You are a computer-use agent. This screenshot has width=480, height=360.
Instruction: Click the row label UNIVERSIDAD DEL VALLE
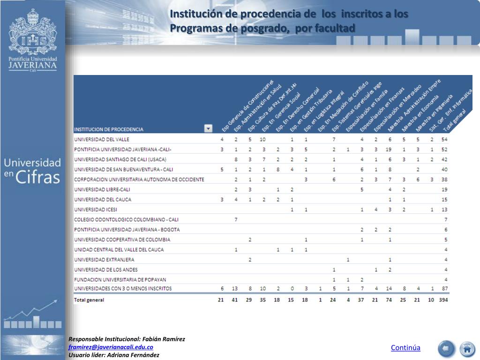(102, 139)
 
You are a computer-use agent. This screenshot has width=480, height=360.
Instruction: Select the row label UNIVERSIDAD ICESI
(96, 210)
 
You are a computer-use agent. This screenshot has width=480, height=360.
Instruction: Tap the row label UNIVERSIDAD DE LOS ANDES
(106, 270)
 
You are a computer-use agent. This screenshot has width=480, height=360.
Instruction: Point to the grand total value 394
(443, 300)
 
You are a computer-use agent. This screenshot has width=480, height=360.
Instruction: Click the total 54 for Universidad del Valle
(444, 139)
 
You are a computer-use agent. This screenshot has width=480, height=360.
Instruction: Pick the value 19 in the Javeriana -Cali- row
(389, 150)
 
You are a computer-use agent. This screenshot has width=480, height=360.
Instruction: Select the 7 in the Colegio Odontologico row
(236, 219)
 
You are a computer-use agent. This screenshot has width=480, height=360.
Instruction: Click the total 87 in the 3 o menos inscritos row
(444, 288)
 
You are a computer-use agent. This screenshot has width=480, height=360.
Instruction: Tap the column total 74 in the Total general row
(389, 300)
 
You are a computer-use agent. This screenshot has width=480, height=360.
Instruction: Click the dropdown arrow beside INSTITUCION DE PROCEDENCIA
(208, 128)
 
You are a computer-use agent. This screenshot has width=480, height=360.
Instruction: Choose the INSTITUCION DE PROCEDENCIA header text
(109, 129)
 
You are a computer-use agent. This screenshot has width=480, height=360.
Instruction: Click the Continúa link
(405, 348)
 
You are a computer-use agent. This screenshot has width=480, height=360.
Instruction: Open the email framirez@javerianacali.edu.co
(111, 347)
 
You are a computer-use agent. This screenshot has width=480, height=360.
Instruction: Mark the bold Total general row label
(89, 300)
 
